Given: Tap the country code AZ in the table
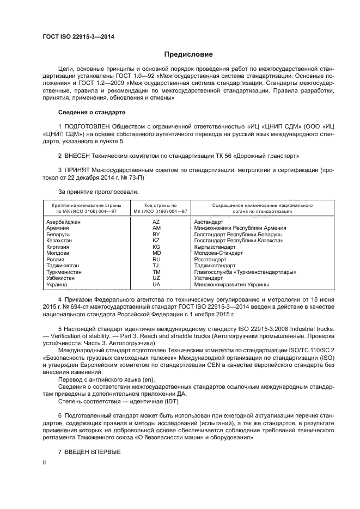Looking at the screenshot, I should pos(156,223).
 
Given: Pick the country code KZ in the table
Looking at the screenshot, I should pos(156,240).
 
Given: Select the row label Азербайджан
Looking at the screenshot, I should pos(64,223).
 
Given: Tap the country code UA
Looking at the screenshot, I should pos(156,284).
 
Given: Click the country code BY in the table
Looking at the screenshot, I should pos(156,234).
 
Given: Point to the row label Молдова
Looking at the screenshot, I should pos(58,253).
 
